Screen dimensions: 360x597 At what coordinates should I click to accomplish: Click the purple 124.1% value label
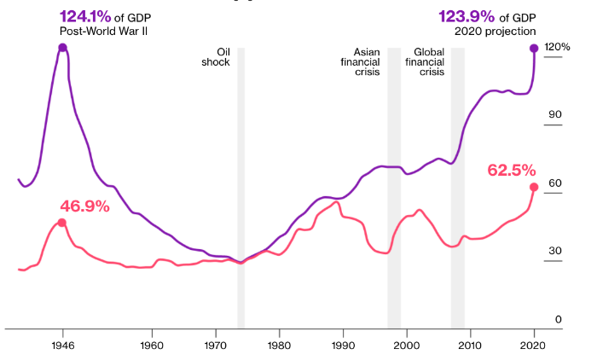pos(83,16)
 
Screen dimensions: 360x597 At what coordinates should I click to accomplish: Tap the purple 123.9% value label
pos(461,16)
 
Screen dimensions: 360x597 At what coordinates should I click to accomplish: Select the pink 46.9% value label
pos(85,206)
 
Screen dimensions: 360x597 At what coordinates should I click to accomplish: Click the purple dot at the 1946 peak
pos(62,48)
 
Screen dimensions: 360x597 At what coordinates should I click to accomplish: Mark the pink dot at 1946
pos(62,223)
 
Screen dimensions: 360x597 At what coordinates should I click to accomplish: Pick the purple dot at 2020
pos(535,49)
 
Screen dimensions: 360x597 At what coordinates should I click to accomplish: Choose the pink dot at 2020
pos(534,187)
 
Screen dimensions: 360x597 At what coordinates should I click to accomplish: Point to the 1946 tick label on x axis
pos(62,346)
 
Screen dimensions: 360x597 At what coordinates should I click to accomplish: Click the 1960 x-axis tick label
pos(152,346)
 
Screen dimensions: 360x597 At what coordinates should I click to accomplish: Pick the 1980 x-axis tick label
pos(279,346)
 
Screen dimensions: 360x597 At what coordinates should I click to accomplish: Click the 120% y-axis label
pos(557,48)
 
